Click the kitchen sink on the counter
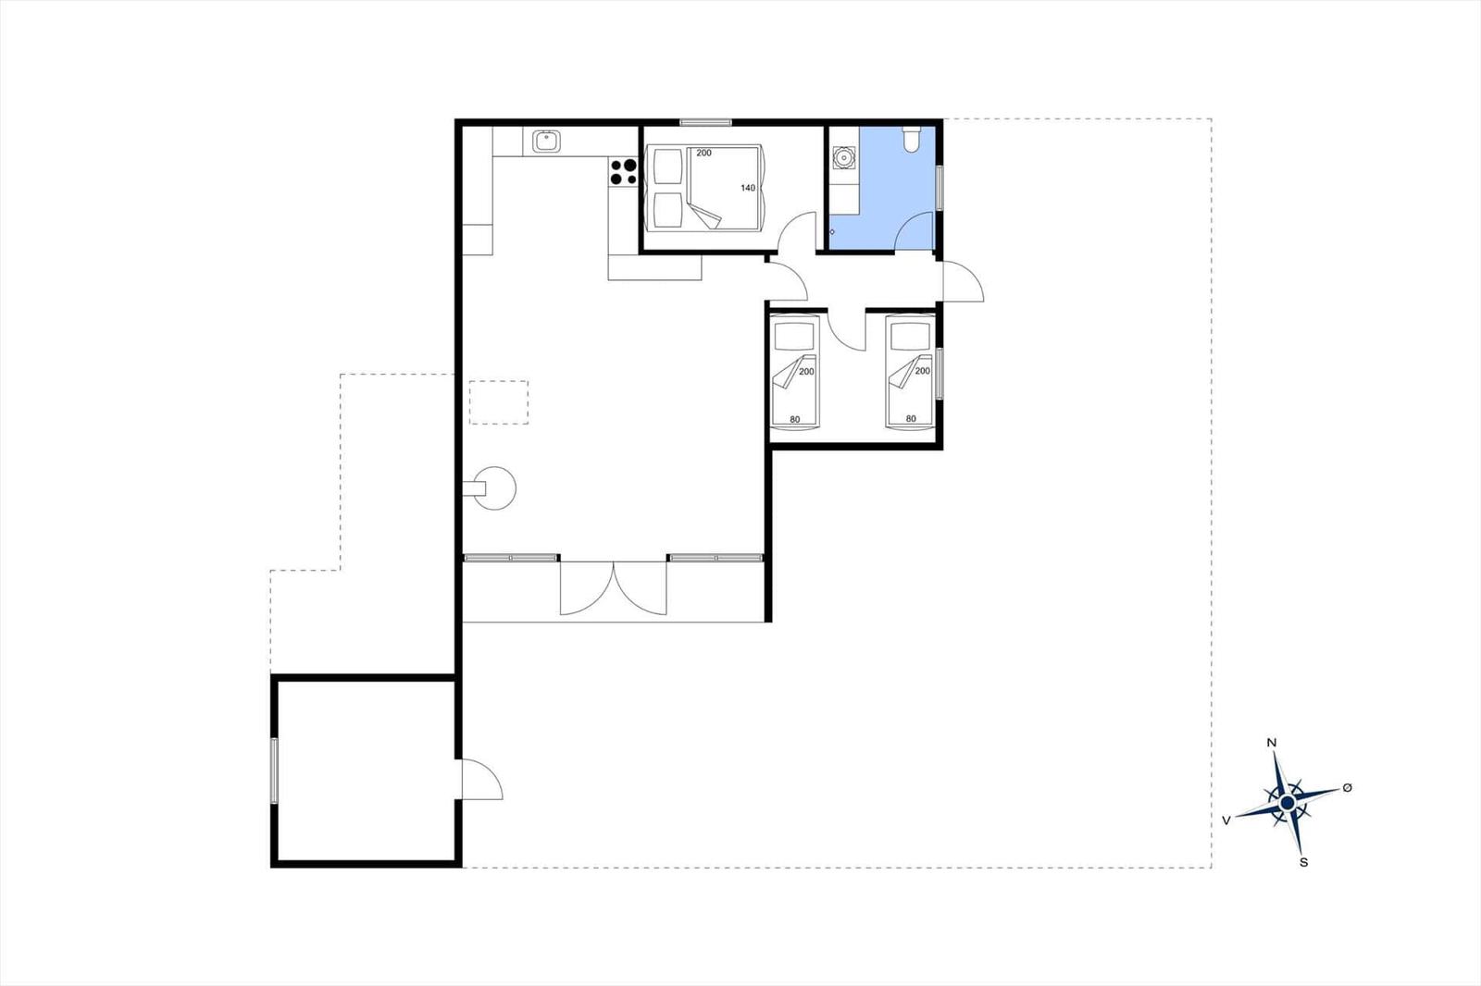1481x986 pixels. coord(546,142)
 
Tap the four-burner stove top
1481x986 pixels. coord(623,172)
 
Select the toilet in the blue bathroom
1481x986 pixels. coord(912,140)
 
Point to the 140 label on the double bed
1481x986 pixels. coord(748,189)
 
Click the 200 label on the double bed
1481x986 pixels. coord(704,154)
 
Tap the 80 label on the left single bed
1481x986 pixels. coord(795,420)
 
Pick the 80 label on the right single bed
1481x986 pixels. coord(911,419)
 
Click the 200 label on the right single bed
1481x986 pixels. coord(923,371)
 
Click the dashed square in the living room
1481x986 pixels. coord(499,402)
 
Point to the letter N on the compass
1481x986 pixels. coord(1271,743)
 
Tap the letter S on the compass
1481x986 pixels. coord(1304,862)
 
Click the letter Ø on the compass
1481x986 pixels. coord(1347,788)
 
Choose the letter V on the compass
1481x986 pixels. coord(1226,820)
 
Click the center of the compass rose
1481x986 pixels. coord(1287,803)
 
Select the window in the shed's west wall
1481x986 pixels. coord(274,770)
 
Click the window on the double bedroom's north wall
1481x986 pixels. coord(706,122)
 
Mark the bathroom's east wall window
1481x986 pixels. coord(940,189)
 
